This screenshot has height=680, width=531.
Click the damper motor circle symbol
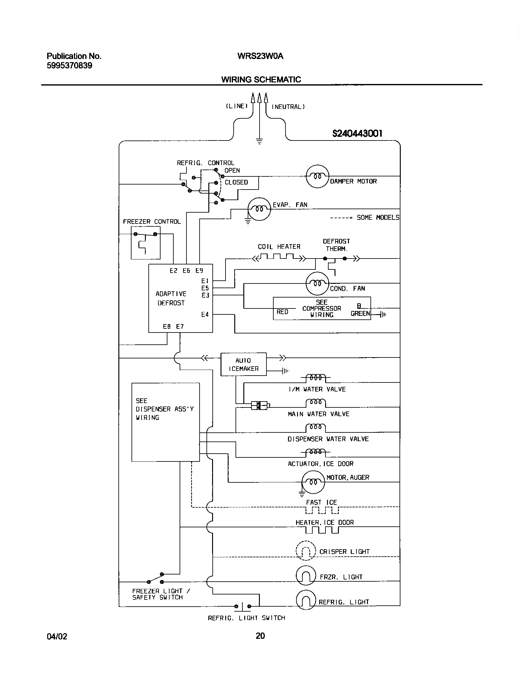317,176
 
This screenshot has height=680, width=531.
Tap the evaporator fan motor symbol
259,209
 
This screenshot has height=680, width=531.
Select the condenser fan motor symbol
317,283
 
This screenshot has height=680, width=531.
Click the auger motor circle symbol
313,482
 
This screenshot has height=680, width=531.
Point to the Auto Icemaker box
244,364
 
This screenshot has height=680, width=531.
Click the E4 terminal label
205,315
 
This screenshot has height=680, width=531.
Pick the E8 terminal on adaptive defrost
167,327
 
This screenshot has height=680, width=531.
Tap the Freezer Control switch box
146,243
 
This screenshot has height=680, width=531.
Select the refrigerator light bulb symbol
306,600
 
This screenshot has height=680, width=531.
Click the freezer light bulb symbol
306,575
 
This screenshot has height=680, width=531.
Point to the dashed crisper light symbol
306,551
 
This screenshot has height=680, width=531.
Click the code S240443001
357,134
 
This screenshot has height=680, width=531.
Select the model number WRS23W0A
260,56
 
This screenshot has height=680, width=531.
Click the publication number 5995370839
70,66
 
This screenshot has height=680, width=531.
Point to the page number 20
260,635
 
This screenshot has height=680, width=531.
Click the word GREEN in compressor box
360,313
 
